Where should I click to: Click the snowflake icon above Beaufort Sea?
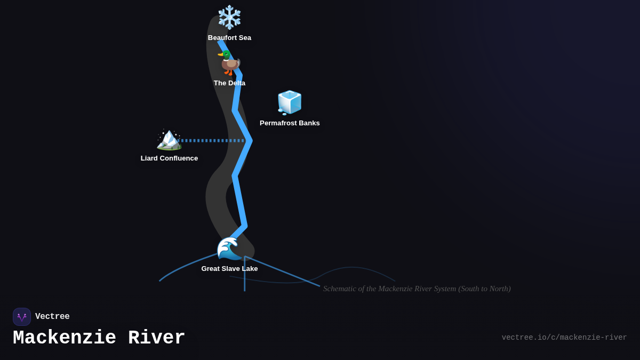(x=229, y=17)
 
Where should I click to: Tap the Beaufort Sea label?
(x=229, y=38)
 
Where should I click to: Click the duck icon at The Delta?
(x=229, y=63)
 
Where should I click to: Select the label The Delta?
(x=229, y=83)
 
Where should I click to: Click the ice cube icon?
(x=290, y=102)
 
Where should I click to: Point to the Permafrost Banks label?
(x=290, y=123)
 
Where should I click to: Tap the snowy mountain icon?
(x=169, y=139)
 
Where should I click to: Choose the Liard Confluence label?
(x=169, y=158)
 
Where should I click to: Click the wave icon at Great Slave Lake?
(x=229, y=248)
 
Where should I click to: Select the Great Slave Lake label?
(x=229, y=269)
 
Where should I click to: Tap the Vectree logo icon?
(x=22, y=317)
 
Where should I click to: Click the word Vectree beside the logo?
(x=52, y=317)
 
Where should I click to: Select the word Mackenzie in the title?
(x=65, y=338)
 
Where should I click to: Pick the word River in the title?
(x=157, y=338)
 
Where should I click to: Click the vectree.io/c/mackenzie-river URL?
(x=564, y=338)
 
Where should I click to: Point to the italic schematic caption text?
(x=417, y=289)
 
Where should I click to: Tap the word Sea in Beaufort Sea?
(x=244, y=38)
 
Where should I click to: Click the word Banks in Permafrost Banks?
(x=309, y=123)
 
